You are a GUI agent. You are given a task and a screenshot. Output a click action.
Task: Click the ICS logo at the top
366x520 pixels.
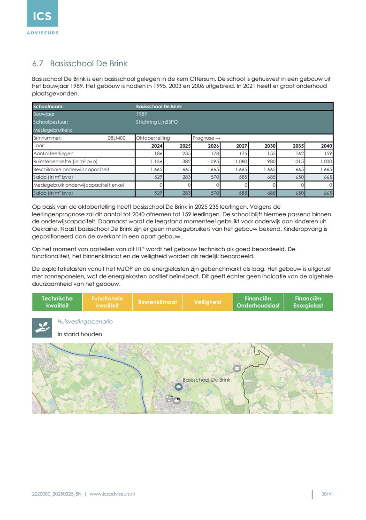click(x=42, y=17)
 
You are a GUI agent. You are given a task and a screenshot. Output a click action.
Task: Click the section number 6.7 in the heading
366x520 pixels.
click(x=38, y=63)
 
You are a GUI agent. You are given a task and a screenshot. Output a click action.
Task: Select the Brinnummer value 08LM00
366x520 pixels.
click(x=117, y=138)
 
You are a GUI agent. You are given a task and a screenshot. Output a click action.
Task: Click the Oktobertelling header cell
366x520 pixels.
click(x=153, y=138)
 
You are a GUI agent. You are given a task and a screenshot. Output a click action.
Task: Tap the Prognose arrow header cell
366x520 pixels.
click(x=206, y=138)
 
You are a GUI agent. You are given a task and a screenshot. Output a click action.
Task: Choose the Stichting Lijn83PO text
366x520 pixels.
click(x=157, y=122)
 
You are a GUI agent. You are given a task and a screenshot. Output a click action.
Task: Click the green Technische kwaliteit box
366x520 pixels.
click(x=57, y=302)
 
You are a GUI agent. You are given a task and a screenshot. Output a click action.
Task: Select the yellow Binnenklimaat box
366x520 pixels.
click(x=158, y=302)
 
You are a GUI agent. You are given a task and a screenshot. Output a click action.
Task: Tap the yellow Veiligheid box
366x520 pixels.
click(x=208, y=302)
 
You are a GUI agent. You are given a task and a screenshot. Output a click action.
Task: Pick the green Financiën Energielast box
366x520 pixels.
click(x=308, y=302)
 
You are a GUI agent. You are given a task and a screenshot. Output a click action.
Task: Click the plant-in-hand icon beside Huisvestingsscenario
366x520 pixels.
click(x=42, y=327)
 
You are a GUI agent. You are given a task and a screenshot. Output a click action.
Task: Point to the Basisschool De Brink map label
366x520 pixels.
click(x=206, y=379)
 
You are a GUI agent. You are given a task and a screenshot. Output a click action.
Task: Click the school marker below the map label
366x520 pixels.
click(x=178, y=386)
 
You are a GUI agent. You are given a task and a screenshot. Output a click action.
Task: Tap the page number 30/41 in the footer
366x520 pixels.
click(x=327, y=494)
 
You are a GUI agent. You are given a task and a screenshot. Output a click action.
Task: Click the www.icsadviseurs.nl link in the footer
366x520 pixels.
click(x=112, y=494)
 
